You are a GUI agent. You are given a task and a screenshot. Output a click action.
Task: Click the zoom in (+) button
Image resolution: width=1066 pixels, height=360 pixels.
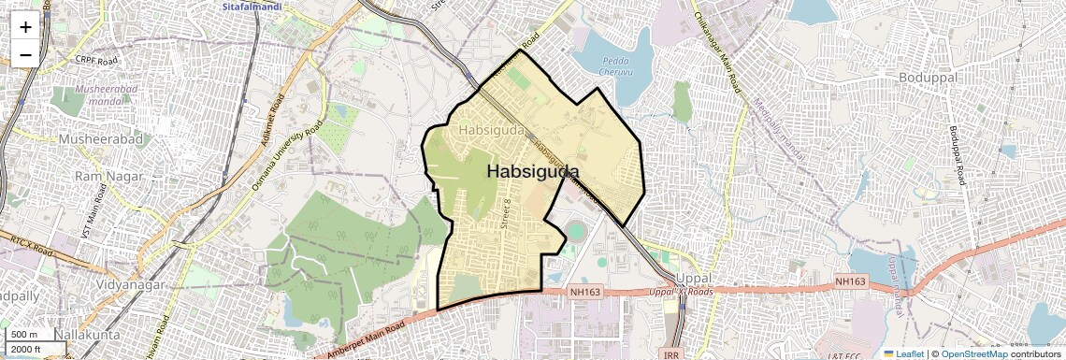(25, 27)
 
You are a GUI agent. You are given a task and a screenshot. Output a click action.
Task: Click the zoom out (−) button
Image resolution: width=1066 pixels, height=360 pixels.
(25, 54)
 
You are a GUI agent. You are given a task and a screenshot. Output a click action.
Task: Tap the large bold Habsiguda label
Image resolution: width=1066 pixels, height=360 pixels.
(532, 172)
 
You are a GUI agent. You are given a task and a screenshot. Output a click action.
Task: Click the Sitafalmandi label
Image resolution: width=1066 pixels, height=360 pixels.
(252, 7)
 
